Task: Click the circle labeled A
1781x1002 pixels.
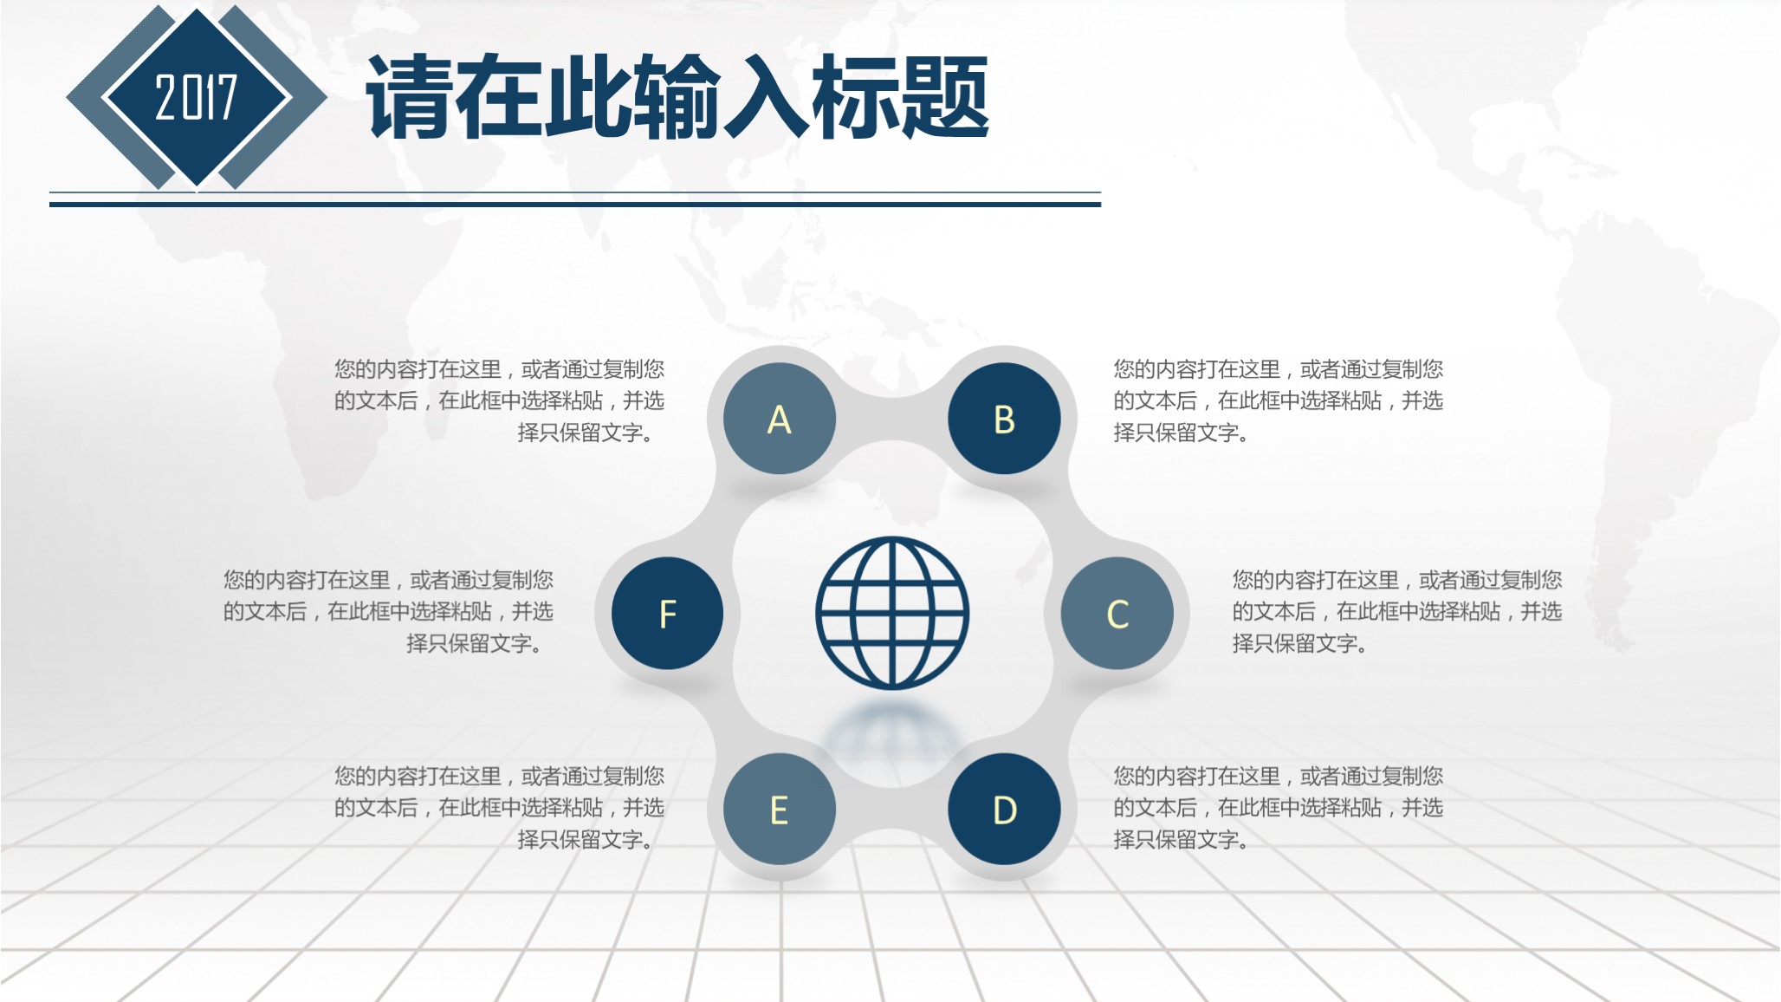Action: click(780, 419)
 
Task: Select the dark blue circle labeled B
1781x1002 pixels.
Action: click(1004, 419)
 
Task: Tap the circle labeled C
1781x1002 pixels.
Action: click(1117, 614)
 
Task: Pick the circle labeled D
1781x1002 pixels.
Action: click(1004, 810)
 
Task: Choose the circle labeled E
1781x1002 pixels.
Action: click(780, 810)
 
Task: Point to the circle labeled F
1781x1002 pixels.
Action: click(667, 614)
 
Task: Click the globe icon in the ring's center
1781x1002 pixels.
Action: click(892, 613)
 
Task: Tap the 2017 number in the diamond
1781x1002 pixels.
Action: click(196, 97)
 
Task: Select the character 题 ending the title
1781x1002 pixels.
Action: click(944, 97)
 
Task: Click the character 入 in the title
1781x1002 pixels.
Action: click(766, 97)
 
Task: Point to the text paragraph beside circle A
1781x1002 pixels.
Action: click(500, 400)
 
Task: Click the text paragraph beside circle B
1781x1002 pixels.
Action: click(1278, 400)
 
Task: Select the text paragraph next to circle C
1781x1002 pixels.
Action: click(1396, 611)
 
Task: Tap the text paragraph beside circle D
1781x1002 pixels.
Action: click(1278, 807)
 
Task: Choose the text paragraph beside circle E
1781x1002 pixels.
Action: click(500, 807)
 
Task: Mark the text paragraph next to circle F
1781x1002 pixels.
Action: click(388, 611)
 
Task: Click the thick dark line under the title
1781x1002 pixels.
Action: click(575, 205)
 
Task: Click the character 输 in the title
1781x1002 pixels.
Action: click(677, 97)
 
